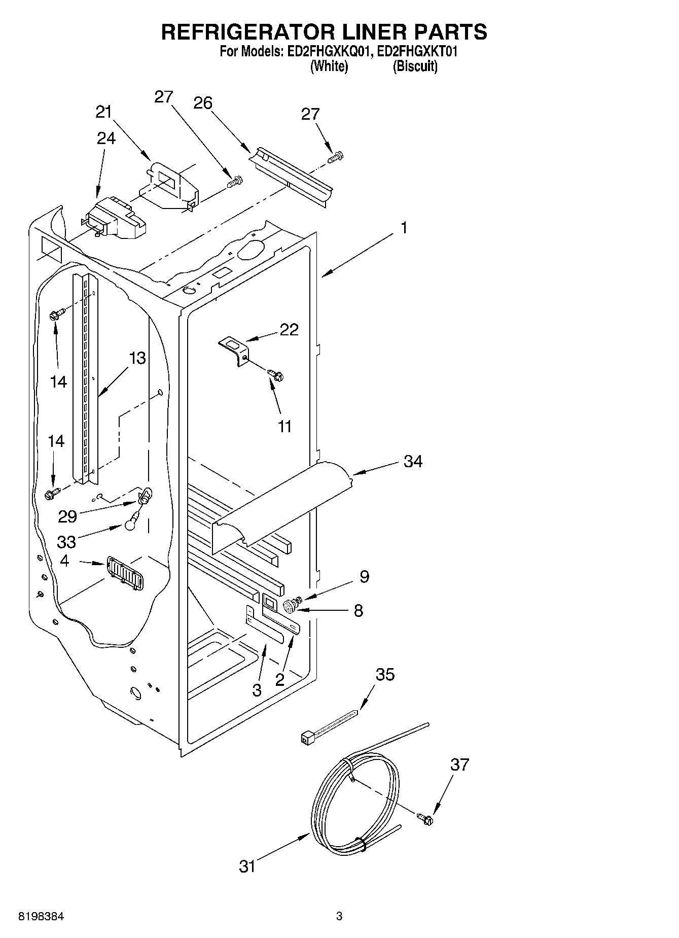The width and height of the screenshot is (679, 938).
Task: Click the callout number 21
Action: tap(103, 112)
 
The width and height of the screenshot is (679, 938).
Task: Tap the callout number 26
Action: tap(202, 103)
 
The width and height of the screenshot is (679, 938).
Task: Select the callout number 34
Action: tap(413, 462)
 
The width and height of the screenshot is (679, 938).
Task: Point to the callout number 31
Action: tap(247, 866)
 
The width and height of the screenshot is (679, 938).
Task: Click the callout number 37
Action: tap(459, 764)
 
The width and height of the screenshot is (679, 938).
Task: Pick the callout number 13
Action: tap(137, 358)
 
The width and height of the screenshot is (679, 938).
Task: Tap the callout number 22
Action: tap(289, 330)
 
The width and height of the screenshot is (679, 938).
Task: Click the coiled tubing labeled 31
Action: tap(355, 802)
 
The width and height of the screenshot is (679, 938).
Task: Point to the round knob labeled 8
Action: tap(290, 604)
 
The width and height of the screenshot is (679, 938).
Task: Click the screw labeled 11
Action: tap(276, 375)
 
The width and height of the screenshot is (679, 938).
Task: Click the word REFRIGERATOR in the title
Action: tap(247, 32)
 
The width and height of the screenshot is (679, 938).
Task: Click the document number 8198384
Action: tap(42, 917)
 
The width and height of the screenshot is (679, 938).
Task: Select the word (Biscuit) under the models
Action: tap(415, 66)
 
